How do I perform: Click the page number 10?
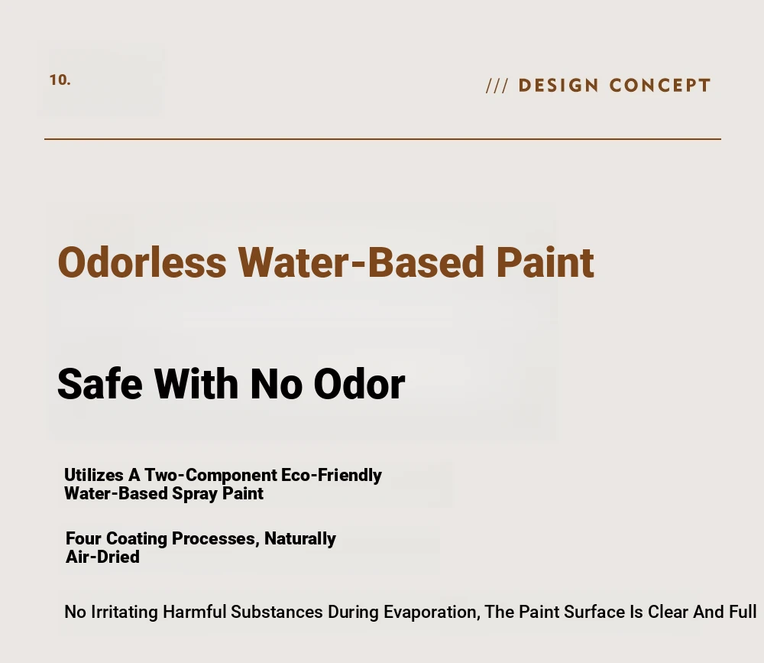point(60,80)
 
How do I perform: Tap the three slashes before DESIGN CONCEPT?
point(497,86)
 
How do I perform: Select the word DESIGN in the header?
point(558,86)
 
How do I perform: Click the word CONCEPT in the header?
point(660,86)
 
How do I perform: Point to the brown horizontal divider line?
point(383,139)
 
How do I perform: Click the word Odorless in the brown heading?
point(142,262)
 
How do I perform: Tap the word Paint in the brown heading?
point(545,262)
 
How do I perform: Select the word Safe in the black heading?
point(100,384)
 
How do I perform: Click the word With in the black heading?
point(196,384)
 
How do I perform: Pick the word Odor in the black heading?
point(359,384)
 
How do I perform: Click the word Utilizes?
point(93,475)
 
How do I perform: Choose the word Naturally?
point(300,539)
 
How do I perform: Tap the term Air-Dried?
point(103,557)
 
